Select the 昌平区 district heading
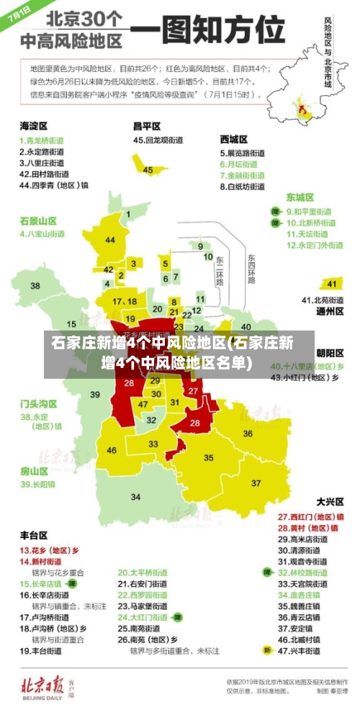click(x=147, y=126)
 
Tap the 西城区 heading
click(x=234, y=139)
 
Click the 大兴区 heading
click(x=330, y=501)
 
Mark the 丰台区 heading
click(x=34, y=535)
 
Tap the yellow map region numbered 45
click(x=148, y=170)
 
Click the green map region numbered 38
click(x=35, y=286)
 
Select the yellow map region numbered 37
click(x=256, y=482)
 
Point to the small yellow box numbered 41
click(x=331, y=283)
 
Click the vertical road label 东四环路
click(x=251, y=269)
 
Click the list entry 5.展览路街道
click(x=242, y=153)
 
